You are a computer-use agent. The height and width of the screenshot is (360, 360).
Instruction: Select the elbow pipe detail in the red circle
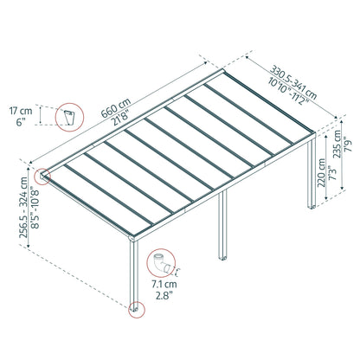coord(158,260)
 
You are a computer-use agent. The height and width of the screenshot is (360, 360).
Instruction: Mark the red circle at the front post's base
coord(136,309)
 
